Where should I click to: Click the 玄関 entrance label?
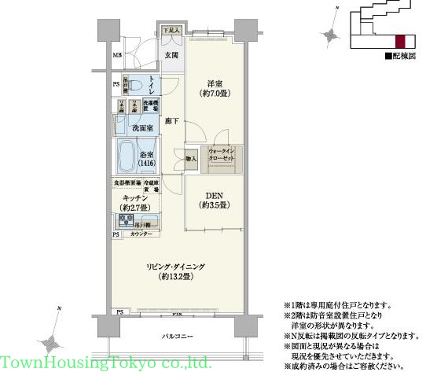click(171, 55)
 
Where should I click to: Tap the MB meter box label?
click(117, 55)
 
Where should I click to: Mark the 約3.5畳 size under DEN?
click(213, 204)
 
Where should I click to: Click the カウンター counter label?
click(141, 235)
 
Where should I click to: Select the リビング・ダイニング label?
click(176, 267)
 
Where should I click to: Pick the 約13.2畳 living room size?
click(176, 278)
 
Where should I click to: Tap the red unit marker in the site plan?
click(400, 41)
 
